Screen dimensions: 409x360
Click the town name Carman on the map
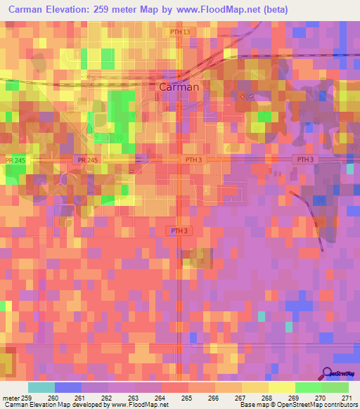(179, 88)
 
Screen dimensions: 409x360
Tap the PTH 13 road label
(180, 32)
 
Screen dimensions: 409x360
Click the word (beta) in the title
(269, 9)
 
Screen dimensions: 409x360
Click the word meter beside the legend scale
(10, 398)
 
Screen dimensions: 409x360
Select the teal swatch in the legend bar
(41, 387)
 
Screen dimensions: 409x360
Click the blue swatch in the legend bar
(68, 387)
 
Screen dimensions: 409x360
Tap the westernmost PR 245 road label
(14, 160)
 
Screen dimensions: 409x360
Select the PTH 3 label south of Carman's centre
(179, 231)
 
